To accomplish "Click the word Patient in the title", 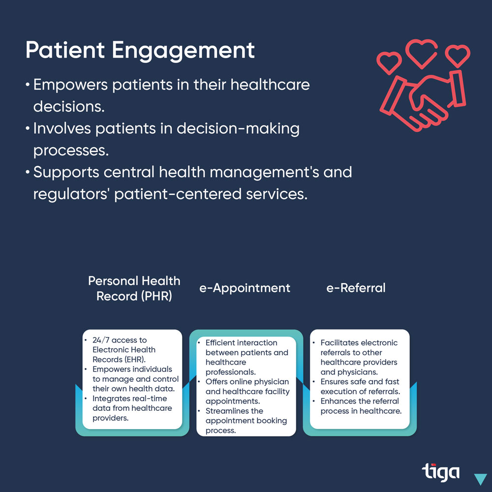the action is [65, 50].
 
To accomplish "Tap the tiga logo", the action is [440, 472].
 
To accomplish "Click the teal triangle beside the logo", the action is [480, 479].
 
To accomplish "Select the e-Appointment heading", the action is [245, 288].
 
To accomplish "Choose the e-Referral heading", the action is [356, 288].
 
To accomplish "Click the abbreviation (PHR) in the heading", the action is [156, 296].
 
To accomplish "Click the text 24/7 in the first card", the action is [101, 340].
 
